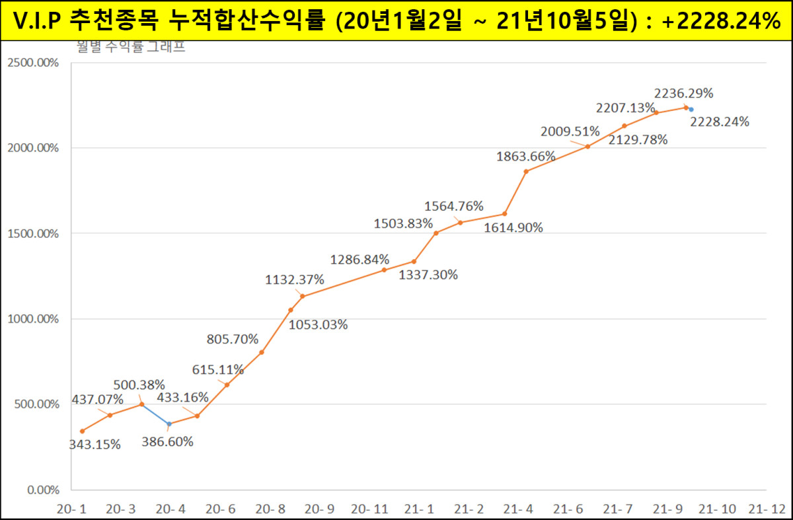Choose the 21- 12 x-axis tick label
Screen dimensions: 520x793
coord(767,509)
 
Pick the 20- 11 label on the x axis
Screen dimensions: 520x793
coord(369,509)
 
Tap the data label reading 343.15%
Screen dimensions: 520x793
coord(95,445)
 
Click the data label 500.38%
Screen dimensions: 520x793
coord(139,385)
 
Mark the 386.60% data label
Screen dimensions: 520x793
coord(167,442)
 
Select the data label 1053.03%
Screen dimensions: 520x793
coord(318,325)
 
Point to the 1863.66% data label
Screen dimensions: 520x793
coord(526,157)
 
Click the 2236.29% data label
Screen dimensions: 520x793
coord(683,93)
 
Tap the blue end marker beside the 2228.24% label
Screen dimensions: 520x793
coord(691,110)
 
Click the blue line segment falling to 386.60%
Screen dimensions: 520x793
coord(155,414)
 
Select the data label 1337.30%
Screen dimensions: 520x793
coord(428,275)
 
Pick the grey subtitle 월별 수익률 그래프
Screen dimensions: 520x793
coord(130,48)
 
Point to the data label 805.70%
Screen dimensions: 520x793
coord(232,340)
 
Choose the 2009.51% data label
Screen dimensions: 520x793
coord(570,131)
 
